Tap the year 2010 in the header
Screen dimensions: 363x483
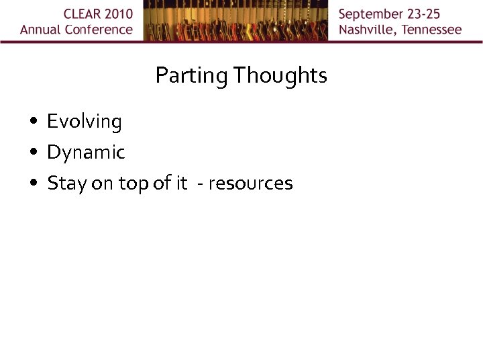117,14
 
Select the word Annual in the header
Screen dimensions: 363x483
40,30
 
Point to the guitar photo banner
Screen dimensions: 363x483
235,21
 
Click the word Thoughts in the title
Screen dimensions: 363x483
280,75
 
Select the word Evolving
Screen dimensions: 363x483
85,122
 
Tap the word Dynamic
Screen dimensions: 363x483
86,153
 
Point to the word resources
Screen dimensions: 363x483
250,184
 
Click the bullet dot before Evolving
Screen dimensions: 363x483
33,122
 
